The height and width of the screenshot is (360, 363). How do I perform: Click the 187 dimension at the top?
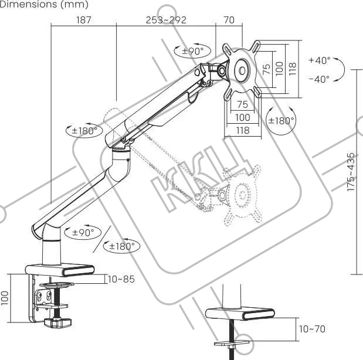(x=84, y=20)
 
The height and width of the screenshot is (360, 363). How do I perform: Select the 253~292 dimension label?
(x=166, y=20)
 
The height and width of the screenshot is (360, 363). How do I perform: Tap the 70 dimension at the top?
(x=229, y=20)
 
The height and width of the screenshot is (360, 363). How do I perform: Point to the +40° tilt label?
(x=319, y=60)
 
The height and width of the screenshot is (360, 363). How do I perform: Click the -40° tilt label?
(x=319, y=79)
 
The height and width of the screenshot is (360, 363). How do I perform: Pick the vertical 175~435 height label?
(x=351, y=172)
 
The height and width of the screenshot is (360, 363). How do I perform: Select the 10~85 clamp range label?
(x=121, y=279)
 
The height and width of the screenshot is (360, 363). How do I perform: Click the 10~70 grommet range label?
(x=312, y=329)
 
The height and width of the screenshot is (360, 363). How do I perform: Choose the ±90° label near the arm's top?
(x=192, y=51)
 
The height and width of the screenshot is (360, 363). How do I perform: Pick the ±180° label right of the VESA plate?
(x=280, y=120)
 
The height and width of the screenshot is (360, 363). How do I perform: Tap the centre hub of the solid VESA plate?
(x=242, y=72)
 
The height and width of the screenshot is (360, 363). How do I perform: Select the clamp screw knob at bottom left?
(x=57, y=323)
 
